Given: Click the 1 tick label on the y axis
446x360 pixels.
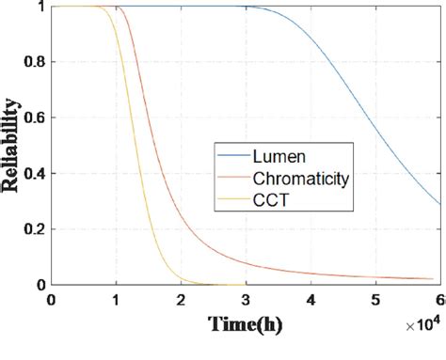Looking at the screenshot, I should tap(40, 7).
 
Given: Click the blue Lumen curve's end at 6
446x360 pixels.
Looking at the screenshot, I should tap(439, 204).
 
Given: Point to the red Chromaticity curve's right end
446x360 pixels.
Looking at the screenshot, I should tap(439, 279).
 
